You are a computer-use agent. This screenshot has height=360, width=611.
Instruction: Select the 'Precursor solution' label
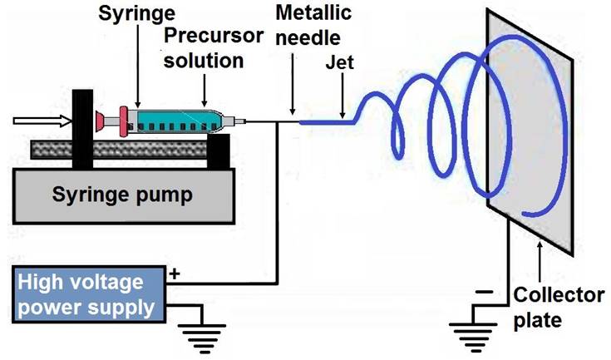tap(204, 49)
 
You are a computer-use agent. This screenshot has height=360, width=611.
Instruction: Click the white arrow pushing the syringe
tap(37, 121)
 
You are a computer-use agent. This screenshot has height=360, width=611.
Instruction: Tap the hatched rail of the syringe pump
tap(116, 149)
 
